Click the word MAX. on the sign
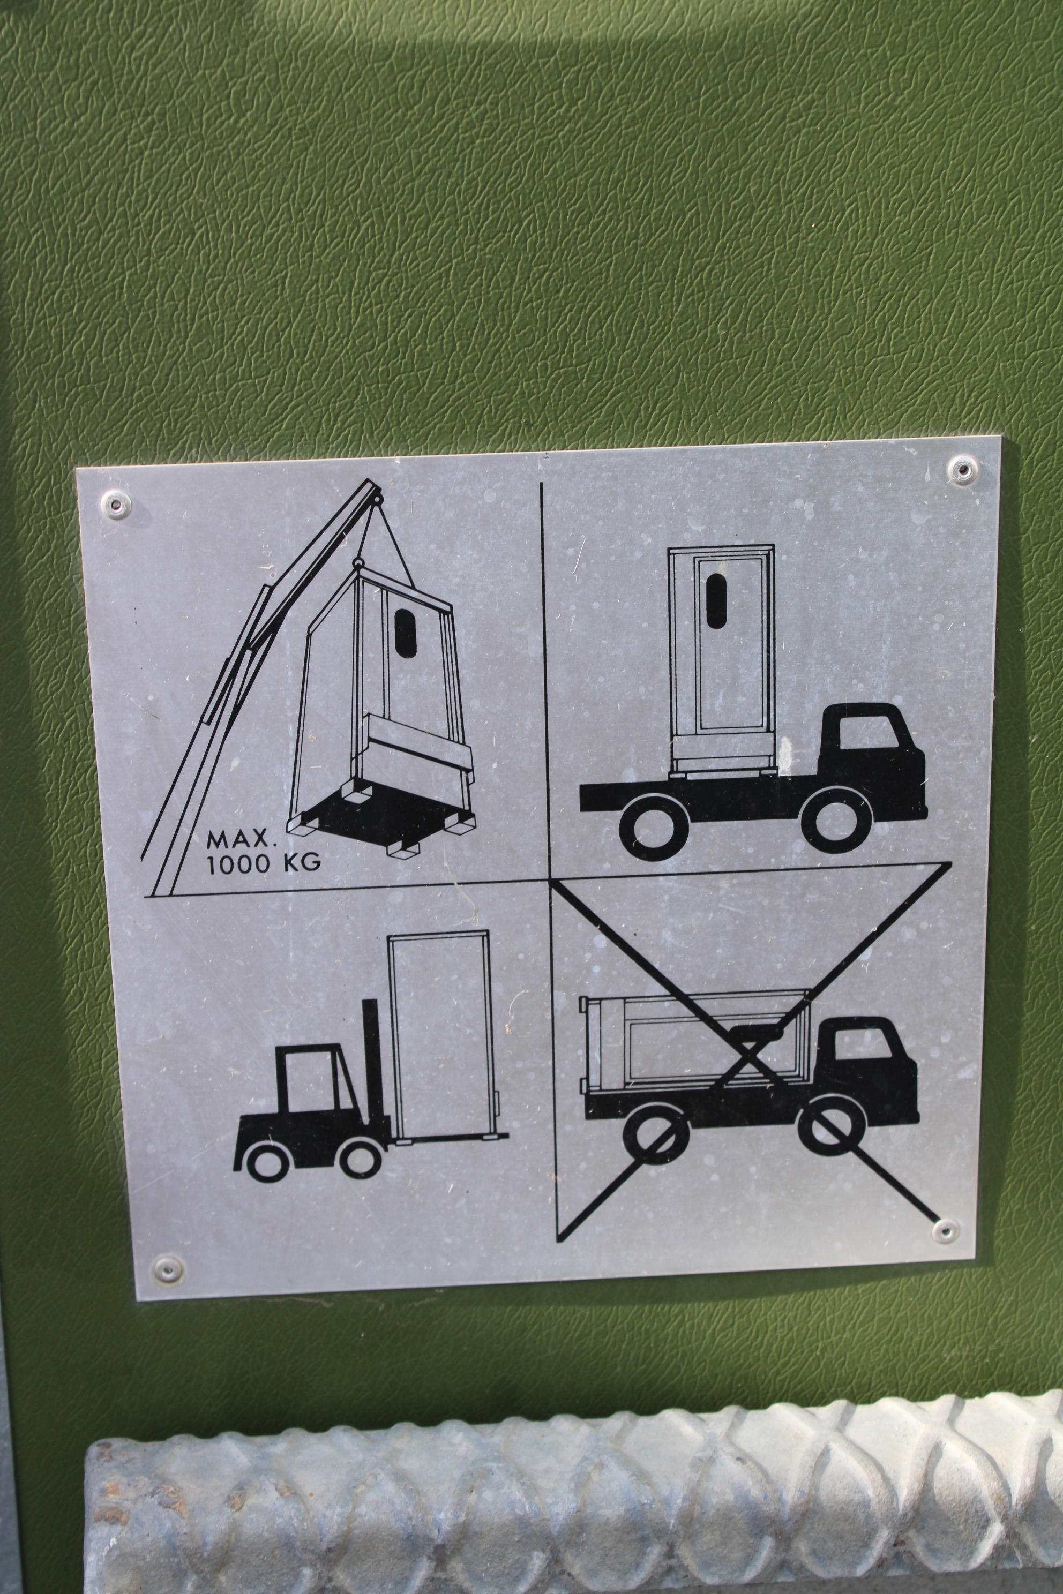242,841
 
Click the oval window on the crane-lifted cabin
406,633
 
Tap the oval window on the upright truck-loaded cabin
716,599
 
